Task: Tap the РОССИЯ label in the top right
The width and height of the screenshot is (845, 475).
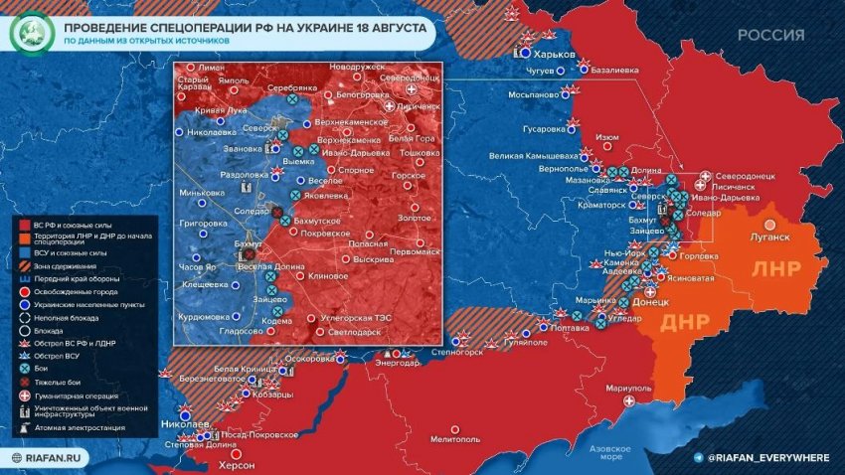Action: [x=770, y=35]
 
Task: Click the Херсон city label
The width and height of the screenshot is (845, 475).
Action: [x=236, y=465]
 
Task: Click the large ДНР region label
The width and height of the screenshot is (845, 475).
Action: [x=685, y=322]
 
